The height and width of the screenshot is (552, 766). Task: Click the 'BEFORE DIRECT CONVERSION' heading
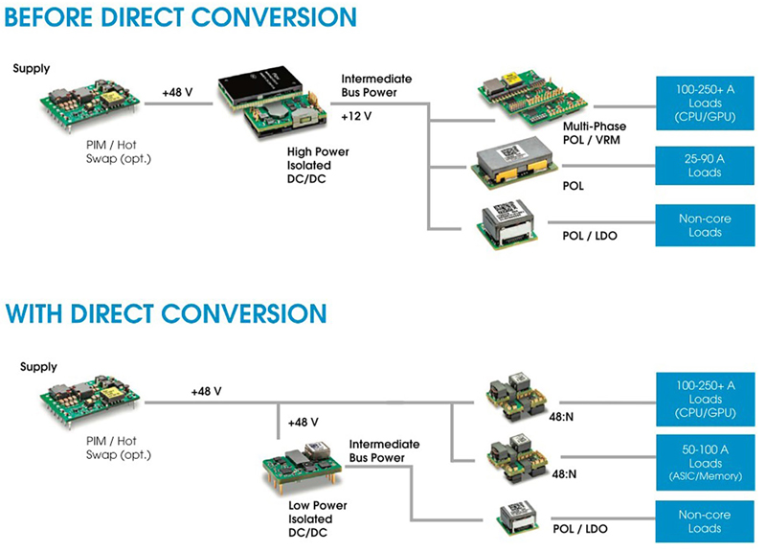180,17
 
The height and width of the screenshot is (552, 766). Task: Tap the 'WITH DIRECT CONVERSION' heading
166,313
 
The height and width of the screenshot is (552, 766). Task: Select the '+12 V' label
356,116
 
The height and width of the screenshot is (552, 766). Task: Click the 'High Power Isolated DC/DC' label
318,165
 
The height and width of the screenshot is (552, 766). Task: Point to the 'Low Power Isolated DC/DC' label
318,518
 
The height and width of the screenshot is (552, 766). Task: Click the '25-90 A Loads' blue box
705,165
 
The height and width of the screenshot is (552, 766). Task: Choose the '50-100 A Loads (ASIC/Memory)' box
705,463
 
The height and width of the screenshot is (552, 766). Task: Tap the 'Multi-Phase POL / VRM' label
594,133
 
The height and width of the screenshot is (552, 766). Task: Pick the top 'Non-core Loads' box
705,225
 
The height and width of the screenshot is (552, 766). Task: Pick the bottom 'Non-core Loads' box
705,521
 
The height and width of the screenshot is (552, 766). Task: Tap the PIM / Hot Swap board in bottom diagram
90,402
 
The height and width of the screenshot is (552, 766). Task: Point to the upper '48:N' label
561,417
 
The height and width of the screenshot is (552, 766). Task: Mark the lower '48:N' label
564,473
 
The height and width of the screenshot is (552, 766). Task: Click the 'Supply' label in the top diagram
32,68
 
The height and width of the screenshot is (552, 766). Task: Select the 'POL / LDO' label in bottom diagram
580,529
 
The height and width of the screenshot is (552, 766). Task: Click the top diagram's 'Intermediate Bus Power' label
376,85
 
